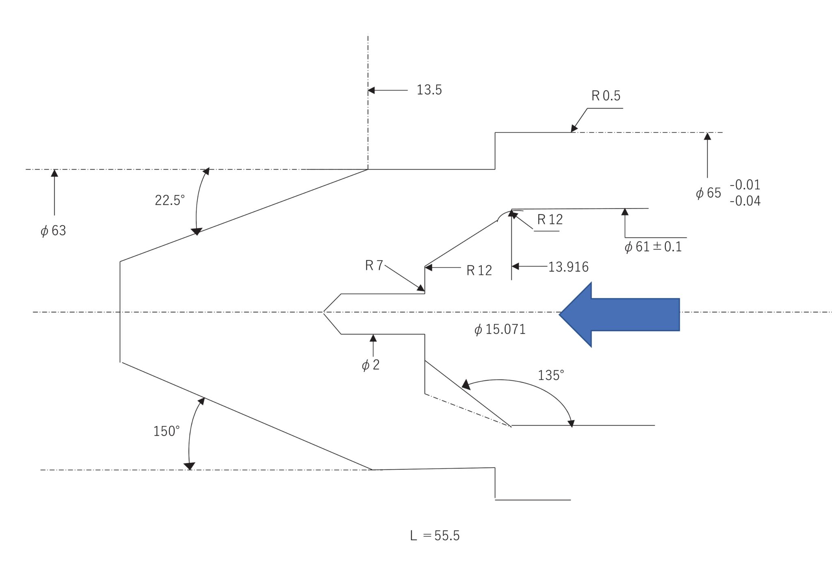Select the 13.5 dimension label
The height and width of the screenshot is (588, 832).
[x=429, y=90]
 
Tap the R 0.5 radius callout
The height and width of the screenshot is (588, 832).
[x=606, y=96]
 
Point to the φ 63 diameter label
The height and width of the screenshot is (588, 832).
[x=53, y=231]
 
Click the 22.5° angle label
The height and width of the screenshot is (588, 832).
[x=169, y=200]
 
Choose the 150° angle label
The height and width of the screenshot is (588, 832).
[x=166, y=431]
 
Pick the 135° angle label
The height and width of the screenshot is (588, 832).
[x=551, y=375]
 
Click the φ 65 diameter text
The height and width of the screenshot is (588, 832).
[x=708, y=193]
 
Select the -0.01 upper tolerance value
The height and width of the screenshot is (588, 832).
[x=745, y=185]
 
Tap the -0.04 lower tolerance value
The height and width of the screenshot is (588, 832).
[x=745, y=201]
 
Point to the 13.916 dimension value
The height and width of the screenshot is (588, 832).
[x=568, y=267]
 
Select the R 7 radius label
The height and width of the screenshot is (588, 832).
[x=374, y=266]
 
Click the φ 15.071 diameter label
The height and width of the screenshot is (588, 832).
[x=500, y=330]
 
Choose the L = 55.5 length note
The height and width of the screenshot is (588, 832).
[x=435, y=536]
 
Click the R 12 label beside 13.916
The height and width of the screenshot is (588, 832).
[x=479, y=271]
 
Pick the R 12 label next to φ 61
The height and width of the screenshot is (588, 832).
[x=550, y=220]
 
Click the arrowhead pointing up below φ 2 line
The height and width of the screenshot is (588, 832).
[x=373, y=338]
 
